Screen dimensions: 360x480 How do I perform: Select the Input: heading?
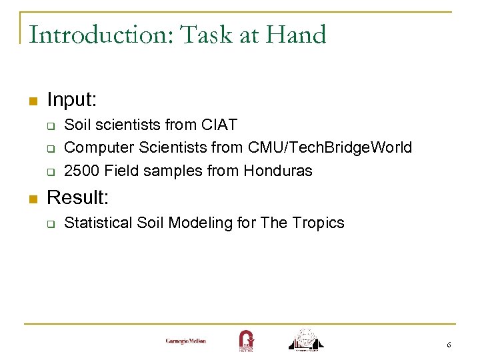tap(72, 101)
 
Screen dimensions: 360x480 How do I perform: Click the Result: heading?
tap(77, 197)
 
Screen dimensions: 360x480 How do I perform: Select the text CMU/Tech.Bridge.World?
tap(330, 147)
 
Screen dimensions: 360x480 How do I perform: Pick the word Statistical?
tap(97, 223)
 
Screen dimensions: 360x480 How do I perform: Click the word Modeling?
tap(199, 223)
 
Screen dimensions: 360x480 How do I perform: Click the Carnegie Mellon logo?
tap(186, 341)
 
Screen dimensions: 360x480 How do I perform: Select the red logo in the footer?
tap(245, 340)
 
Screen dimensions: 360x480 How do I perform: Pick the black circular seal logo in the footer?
tap(305, 339)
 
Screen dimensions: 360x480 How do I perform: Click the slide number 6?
tap(449, 345)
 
